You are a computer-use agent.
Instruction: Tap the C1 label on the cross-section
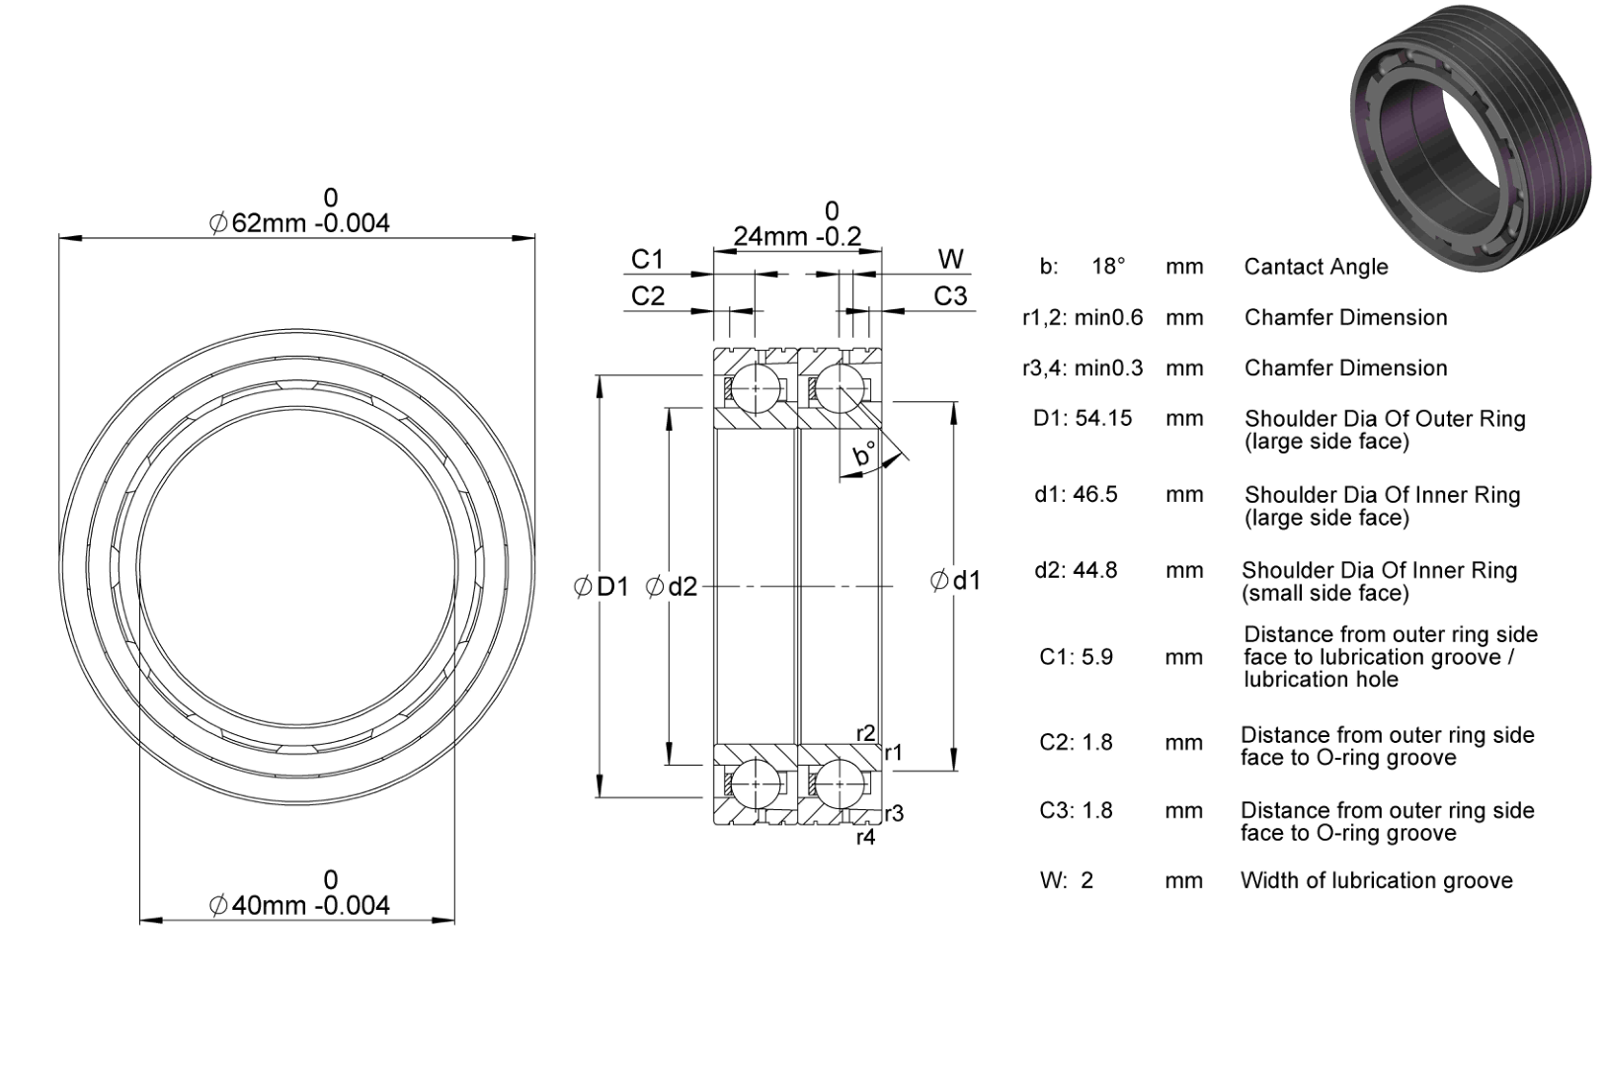coord(647,260)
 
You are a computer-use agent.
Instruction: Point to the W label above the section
coord(951,259)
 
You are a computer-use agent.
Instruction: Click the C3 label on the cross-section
coord(950,295)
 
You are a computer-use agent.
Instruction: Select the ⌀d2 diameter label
coord(671,587)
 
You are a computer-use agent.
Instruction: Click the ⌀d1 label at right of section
coord(955,580)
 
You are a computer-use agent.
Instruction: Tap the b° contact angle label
coord(864,454)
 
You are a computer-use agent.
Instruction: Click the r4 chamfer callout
coord(865,837)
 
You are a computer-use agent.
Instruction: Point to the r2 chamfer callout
coord(865,733)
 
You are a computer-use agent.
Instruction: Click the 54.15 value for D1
coord(1103,418)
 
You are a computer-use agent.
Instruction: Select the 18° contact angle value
coord(1108,267)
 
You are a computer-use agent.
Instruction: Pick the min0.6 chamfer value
coord(1108,317)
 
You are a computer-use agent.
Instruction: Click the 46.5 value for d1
coord(1095,494)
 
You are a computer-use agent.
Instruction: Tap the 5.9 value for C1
coord(1097,657)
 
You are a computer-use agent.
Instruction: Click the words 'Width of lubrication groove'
coord(1377,880)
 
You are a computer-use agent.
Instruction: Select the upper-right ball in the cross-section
coord(839,388)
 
